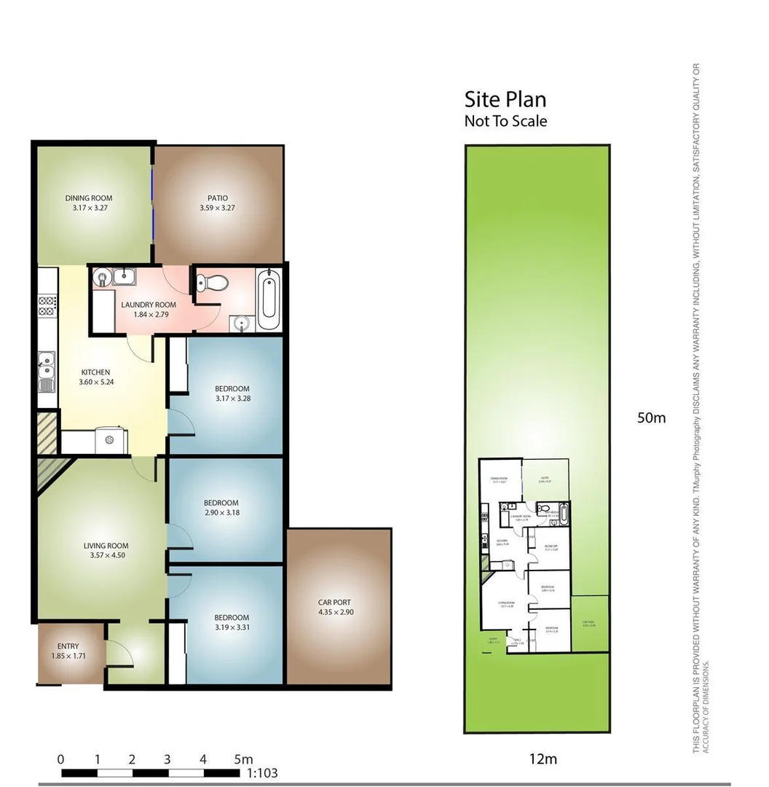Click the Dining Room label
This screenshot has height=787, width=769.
coord(89,197)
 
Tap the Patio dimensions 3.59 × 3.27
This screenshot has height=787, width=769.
coord(218,208)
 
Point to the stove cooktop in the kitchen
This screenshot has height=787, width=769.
coord(48,305)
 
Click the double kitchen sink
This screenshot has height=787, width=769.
coord(47,367)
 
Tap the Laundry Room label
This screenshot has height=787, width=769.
coord(149,305)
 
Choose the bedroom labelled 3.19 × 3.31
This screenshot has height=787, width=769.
coord(232,622)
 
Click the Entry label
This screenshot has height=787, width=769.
coord(68,646)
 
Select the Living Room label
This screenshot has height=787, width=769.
coord(106,546)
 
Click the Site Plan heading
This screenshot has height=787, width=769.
coord(505,99)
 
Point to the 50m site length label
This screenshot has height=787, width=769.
coord(651,418)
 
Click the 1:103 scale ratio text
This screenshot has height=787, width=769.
coord(263,773)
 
